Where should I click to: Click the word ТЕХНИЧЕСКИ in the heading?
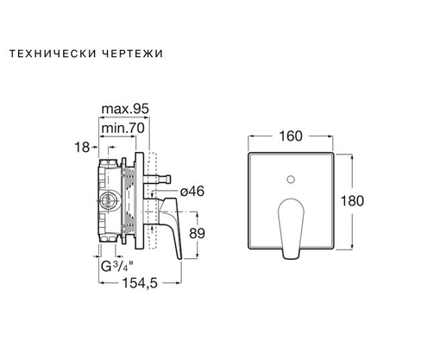coord(52,54)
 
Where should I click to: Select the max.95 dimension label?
coord(125,109)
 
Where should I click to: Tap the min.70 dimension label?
coord(122,128)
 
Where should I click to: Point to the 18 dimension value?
coord(82,148)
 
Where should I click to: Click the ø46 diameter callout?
coord(192,192)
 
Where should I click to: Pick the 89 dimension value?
coord(198,234)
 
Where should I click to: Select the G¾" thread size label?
coord(117,266)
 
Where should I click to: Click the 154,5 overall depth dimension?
coord(140,283)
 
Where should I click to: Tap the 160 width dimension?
coord(291,136)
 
